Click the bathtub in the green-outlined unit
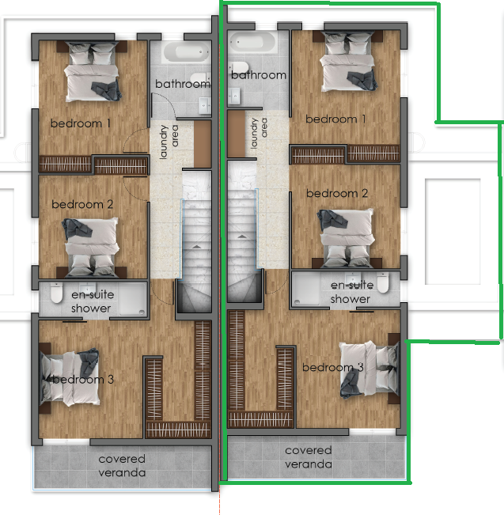(252, 43)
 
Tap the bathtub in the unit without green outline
(186, 52)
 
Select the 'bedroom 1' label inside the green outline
(335, 119)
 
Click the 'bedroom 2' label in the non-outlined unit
(82, 204)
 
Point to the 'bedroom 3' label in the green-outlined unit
(333, 367)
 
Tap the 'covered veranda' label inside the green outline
(309, 457)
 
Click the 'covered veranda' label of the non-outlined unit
(122, 465)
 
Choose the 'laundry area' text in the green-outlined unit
(259, 133)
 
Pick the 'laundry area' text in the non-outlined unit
(169, 142)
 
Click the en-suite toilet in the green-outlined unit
(383, 282)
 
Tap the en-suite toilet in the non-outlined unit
(56, 293)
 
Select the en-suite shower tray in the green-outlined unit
(307, 290)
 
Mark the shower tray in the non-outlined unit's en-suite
(133, 300)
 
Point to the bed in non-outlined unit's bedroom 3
(70, 377)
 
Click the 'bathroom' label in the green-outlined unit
(259, 75)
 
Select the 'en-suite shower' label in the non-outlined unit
(93, 301)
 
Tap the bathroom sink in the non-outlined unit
(205, 105)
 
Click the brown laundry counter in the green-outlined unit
(237, 134)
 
